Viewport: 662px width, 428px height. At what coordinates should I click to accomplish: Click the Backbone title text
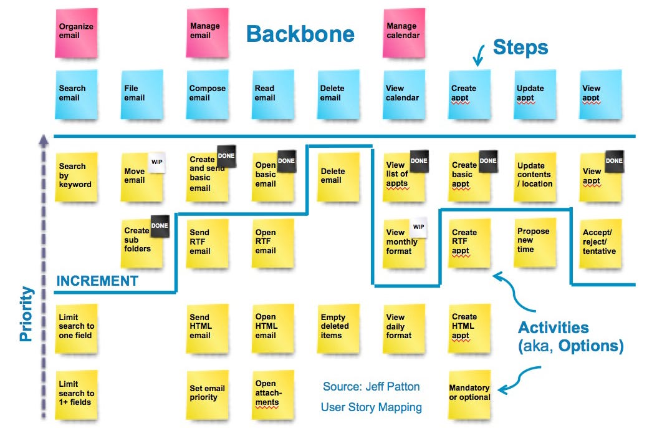300,34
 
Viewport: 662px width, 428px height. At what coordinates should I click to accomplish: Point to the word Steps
520,47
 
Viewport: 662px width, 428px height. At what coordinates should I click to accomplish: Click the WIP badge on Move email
156,163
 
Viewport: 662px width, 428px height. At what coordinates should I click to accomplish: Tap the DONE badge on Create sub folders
160,226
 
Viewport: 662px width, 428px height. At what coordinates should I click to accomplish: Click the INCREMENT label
97,281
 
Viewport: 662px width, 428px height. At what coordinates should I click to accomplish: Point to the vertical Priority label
26,313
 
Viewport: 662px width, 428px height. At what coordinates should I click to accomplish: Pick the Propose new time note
534,240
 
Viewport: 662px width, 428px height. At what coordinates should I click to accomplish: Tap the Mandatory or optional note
469,393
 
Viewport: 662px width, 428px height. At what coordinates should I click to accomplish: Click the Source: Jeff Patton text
371,386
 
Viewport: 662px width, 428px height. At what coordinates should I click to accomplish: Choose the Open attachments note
272,393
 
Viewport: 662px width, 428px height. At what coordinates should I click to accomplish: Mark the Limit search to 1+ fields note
77,393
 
